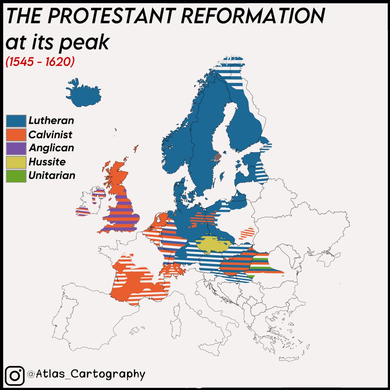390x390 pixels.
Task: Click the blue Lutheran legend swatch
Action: (x=16, y=121)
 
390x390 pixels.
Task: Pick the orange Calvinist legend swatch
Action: (x=16, y=134)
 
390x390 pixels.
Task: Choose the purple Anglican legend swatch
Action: (x=16, y=148)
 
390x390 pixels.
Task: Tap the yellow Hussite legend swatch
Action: (x=16, y=162)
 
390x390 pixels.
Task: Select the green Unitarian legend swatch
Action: (x=16, y=175)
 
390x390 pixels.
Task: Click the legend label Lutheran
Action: (x=51, y=121)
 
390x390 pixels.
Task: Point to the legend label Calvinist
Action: (x=50, y=134)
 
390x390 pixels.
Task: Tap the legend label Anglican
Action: (x=51, y=148)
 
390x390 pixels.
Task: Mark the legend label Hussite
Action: (x=47, y=162)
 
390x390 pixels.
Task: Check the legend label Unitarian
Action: (x=52, y=175)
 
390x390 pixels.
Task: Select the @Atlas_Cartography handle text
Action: (x=86, y=374)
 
